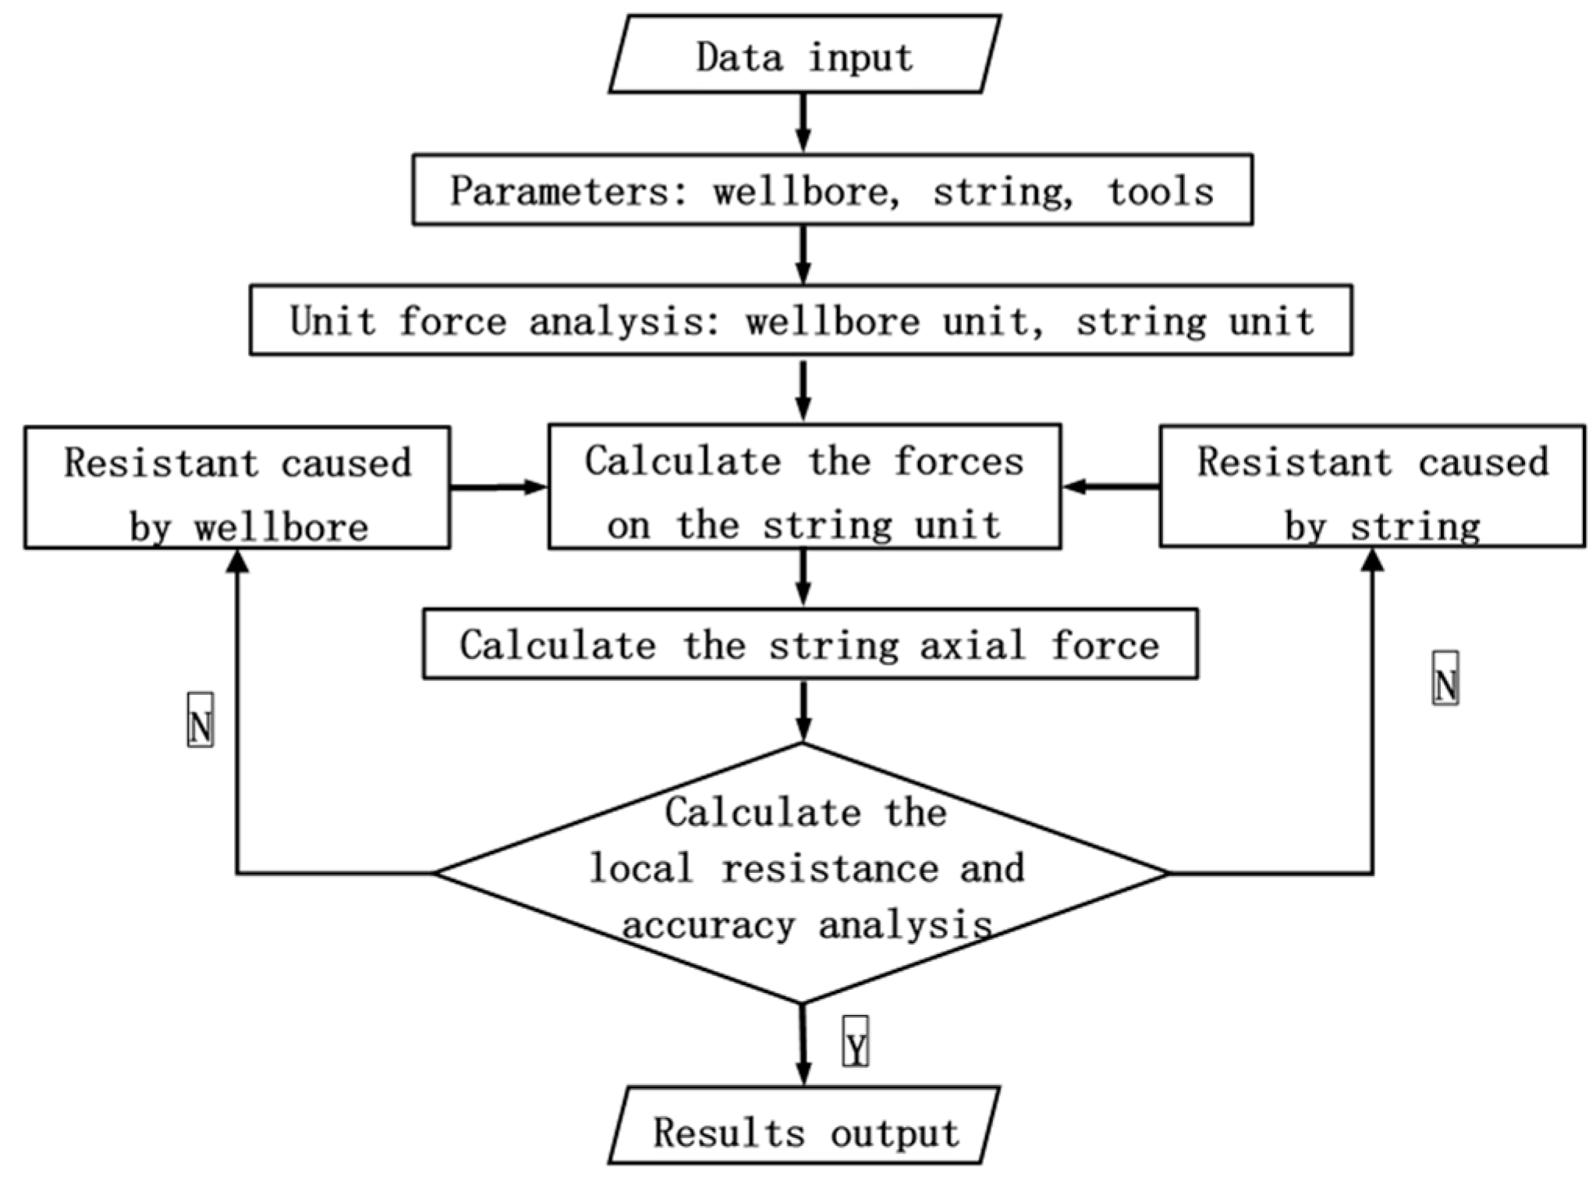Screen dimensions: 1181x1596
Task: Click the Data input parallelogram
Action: coord(804,55)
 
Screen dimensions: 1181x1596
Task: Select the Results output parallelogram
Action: coord(804,1132)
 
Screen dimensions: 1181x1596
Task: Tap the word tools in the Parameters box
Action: coord(1161,191)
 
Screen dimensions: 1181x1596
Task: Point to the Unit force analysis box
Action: coord(801,321)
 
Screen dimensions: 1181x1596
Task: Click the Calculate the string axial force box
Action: coord(810,645)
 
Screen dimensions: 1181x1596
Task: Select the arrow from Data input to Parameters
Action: coord(803,123)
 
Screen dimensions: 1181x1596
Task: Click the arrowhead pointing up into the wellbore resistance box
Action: coord(237,562)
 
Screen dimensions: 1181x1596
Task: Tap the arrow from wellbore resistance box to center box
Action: coord(499,488)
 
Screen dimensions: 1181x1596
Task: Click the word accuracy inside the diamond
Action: coord(708,926)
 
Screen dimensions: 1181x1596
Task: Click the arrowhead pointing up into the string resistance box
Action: coord(1372,560)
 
